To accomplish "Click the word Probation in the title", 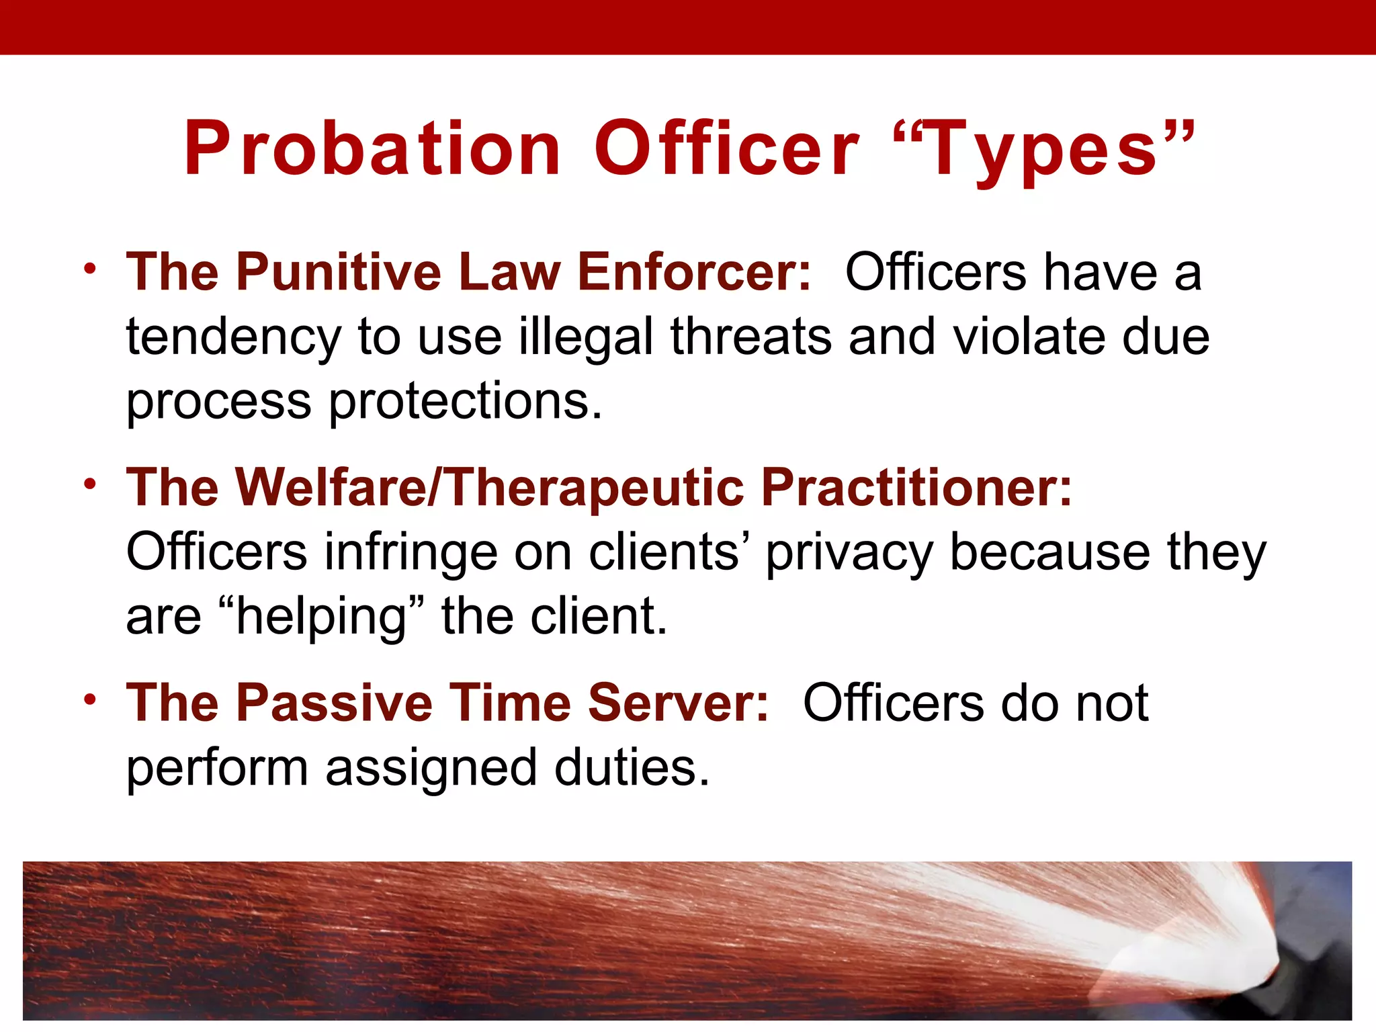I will coord(373,149).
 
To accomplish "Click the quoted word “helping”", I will coord(322,617).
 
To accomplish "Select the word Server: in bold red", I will coord(678,703).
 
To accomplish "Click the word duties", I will coord(632,767).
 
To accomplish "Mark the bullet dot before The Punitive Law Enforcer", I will coord(90,269).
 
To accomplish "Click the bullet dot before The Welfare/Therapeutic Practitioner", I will coord(90,484).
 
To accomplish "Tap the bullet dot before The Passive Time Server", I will coord(90,699).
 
